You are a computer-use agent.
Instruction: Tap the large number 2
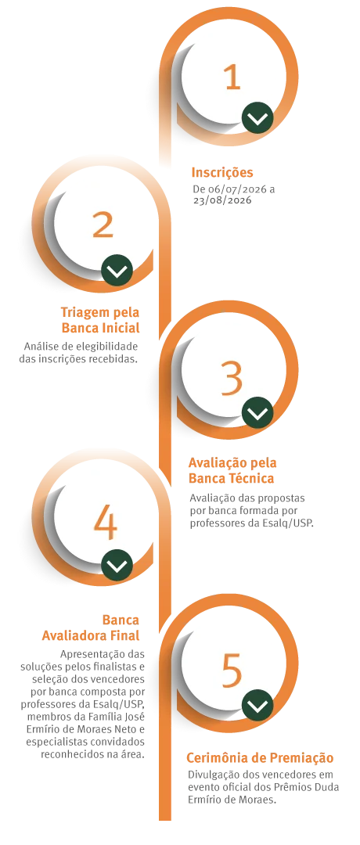tap(103, 225)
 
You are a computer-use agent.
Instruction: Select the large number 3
tap(232, 378)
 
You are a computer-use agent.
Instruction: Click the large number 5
tap(232, 671)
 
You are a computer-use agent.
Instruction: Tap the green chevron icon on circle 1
tap(257, 117)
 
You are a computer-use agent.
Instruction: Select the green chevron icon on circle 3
tap(257, 413)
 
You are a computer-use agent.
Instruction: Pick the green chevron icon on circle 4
tap(117, 566)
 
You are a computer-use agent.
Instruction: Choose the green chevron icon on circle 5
tap(257, 705)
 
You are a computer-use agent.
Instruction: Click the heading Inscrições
tap(222, 173)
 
